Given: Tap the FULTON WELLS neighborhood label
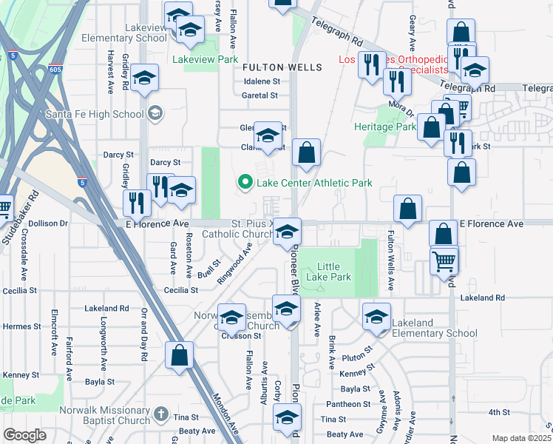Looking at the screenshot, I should pos(283,67).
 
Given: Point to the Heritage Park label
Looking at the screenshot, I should pos(384,127).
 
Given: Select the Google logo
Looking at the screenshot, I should pos(24,435).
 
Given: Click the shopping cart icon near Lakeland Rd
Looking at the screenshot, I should pos(444,260).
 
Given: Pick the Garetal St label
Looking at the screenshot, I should pos(259,95).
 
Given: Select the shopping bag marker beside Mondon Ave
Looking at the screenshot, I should pos(180,355).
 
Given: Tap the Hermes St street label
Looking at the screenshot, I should pos(21,326).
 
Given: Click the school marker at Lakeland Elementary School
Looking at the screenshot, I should pos(376,317).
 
